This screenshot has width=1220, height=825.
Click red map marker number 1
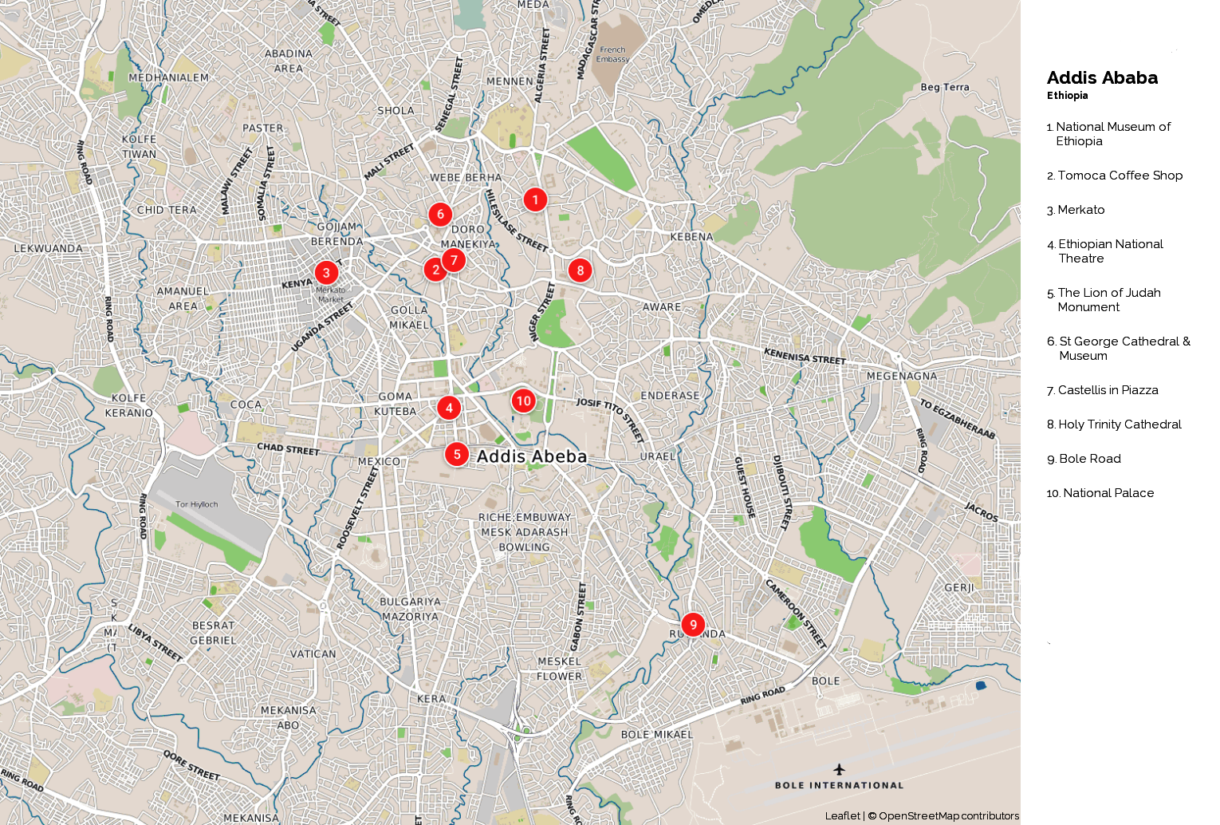(535, 199)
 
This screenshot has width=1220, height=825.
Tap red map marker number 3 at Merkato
(326, 273)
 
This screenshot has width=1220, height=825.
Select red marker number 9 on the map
(693, 625)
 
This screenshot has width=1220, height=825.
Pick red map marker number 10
(523, 401)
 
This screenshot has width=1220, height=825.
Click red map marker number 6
(440, 214)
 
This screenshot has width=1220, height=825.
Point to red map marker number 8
(580, 270)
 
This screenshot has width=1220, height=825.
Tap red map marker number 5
(456, 455)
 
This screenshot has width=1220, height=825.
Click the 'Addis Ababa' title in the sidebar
(1102, 78)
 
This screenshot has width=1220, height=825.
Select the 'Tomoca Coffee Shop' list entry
(1120, 176)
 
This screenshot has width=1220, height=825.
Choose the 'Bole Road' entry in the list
(1089, 459)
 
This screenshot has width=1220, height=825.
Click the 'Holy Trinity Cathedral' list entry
(1120, 424)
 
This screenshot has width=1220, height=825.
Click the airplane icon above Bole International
(839, 769)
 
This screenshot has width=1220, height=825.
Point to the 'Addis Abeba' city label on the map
(532, 456)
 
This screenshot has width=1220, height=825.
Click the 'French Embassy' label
(612, 54)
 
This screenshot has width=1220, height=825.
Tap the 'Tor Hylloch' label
(196, 504)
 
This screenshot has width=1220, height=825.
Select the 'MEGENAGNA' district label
(902, 376)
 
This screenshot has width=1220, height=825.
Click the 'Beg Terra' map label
(945, 87)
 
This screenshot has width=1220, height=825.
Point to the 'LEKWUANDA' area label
(49, 248)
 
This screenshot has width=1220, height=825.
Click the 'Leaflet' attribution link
(842, 815)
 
